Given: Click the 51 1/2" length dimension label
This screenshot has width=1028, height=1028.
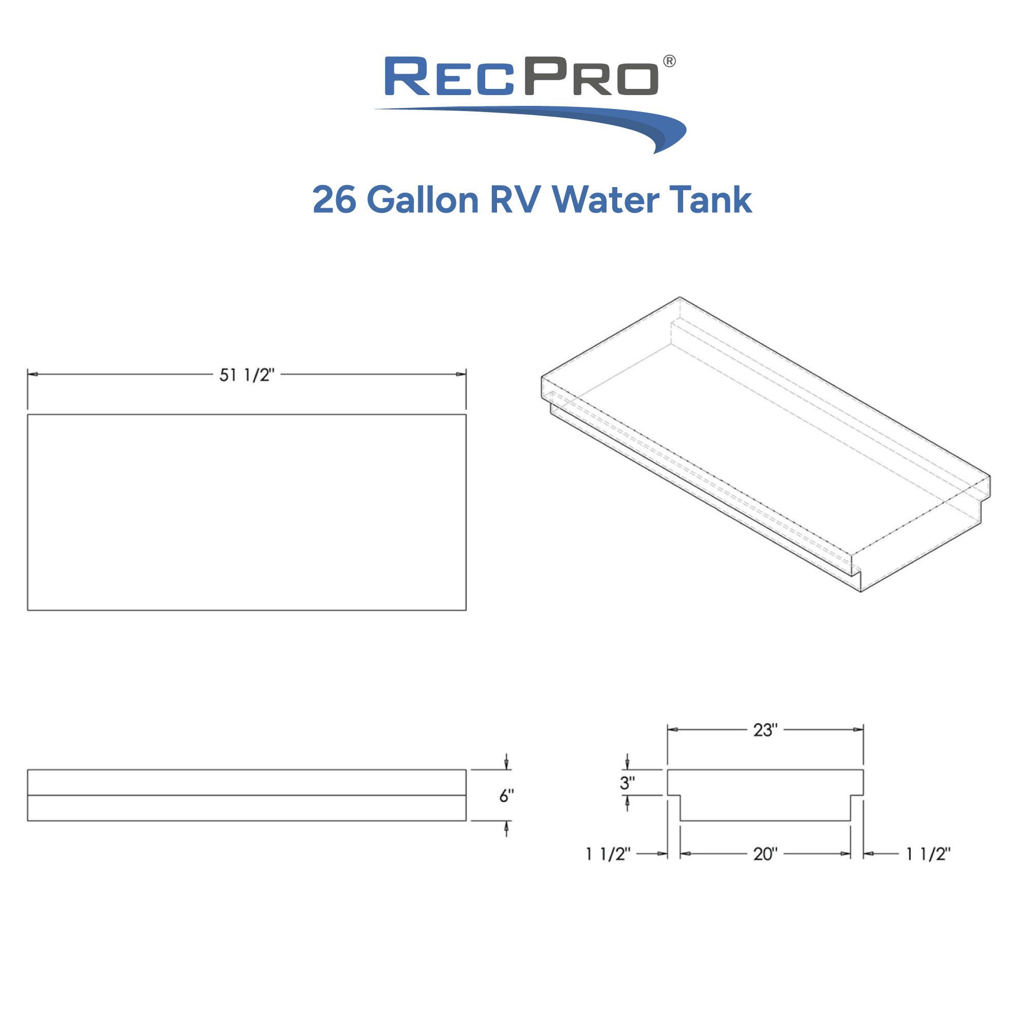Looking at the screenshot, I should tap(246, 375).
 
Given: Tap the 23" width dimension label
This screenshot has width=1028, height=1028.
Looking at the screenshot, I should tap(765, 730).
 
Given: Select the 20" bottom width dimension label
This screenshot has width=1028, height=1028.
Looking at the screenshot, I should tap(765, 854).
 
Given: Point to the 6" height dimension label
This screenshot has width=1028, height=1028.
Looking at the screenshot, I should tap(506, 796).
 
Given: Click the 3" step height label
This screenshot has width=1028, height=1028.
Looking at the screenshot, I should tap(627, 783).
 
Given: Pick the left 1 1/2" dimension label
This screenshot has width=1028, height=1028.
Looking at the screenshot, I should tap(608, 854).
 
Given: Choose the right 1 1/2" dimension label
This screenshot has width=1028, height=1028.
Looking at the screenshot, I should tap(928, 854).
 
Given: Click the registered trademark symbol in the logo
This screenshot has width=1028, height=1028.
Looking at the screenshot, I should tap(669, 61).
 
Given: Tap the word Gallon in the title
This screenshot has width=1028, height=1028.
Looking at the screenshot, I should tap(423, 200).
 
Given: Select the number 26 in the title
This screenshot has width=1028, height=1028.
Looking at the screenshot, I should tap(334, 200).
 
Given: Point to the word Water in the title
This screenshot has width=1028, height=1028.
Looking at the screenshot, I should tap(605, 200).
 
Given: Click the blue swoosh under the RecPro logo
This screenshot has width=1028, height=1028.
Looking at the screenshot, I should tap(585, 120).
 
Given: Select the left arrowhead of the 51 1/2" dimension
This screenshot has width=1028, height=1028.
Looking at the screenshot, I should tap(32, 374).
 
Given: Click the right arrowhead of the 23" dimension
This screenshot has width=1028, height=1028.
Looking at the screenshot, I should tap(858, 729).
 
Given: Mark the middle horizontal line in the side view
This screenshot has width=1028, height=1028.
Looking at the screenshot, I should tap(246, 796).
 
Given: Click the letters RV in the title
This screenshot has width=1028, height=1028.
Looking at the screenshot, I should tap(515, 200).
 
